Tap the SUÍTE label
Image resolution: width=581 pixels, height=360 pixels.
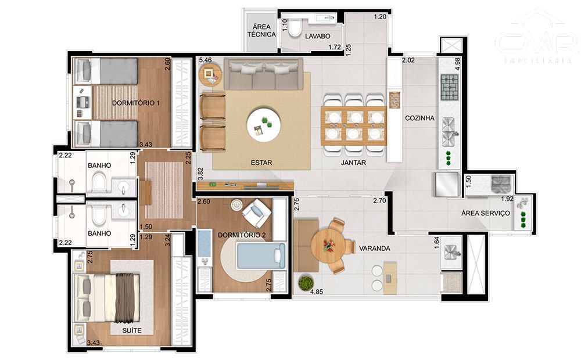point(132,330)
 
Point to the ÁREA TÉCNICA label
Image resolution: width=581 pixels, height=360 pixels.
point(261,31)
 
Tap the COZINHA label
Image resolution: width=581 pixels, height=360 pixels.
point(420,118)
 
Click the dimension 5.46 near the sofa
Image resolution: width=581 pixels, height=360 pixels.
point(205,60)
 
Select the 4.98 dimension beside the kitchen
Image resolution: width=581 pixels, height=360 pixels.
point(458,63)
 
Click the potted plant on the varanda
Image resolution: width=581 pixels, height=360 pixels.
point(305,283)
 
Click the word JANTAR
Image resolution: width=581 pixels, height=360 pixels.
point(353,163)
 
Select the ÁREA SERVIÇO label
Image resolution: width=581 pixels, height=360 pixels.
point(485,213)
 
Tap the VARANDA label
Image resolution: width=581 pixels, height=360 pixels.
point(374,249)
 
